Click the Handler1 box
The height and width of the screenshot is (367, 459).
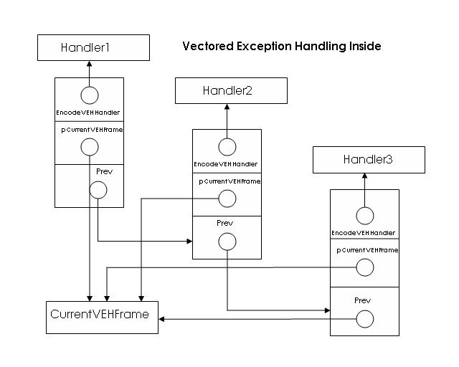click(x=93, y=48)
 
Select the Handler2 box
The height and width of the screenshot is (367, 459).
click(x=231, y=91)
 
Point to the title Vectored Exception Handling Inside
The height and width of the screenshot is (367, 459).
click(x=281, y=47)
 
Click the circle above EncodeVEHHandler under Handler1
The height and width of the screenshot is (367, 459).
click(x=89, y=95)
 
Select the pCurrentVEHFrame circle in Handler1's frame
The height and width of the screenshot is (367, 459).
click(x=90, y=147)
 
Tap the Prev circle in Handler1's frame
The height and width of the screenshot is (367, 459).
click(x=98, y=190)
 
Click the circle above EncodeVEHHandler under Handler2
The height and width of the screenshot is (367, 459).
click(x=227, y=147)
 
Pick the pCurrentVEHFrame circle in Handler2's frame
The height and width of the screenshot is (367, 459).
click(x=227, y=199)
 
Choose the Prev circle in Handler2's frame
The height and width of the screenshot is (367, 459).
click(x=227, y=241)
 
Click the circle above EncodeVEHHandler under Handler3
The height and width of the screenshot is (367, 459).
click(x=364, y=216)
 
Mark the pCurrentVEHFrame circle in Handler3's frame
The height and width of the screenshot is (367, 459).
click(x=364, y=267)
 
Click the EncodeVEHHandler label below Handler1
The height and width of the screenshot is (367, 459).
click(x=88, y=113)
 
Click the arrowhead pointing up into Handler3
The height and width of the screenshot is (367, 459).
click(x=364, y=176)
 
